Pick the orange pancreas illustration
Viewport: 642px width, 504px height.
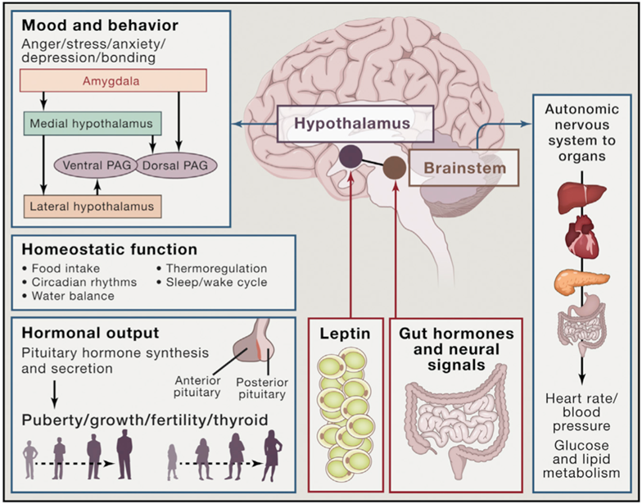(581, 280)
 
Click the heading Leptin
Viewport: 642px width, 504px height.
(345, 334)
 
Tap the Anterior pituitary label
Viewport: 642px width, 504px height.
(200, 385)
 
